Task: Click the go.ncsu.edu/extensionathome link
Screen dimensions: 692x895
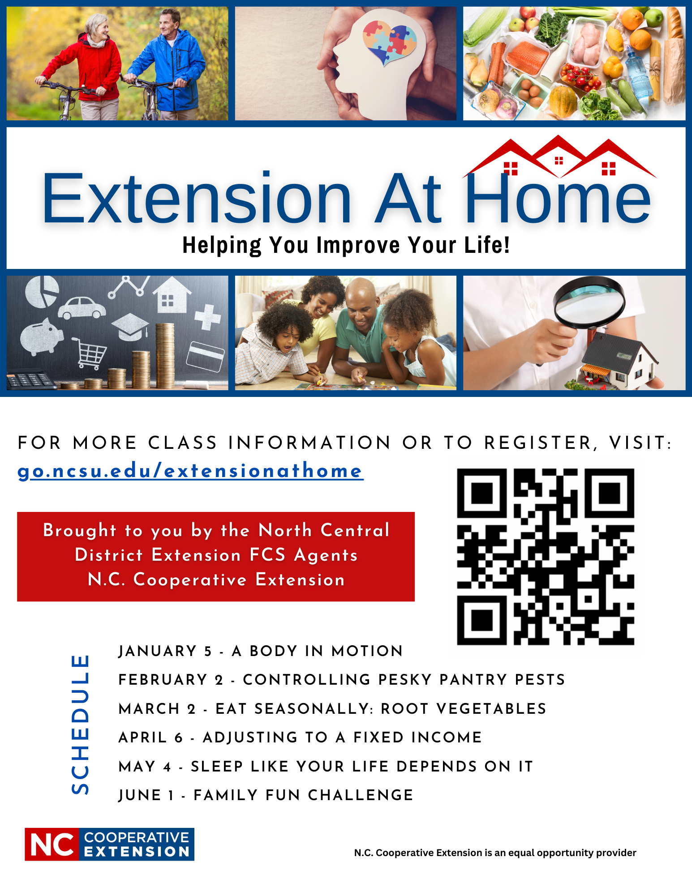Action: point(190,471)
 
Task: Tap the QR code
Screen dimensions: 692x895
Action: point(546,557)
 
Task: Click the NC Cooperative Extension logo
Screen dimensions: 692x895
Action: point(110,844)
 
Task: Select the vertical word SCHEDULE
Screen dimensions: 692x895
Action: point(80,724)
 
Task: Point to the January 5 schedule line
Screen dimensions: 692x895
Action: point(261,651)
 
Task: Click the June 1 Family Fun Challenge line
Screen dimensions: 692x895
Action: point(266,795)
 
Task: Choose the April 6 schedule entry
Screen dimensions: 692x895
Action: point(300,737)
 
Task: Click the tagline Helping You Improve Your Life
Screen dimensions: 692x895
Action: point(346,245)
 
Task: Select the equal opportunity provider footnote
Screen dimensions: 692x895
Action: point(495,852)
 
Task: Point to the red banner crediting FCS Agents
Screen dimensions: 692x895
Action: point(216,556)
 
